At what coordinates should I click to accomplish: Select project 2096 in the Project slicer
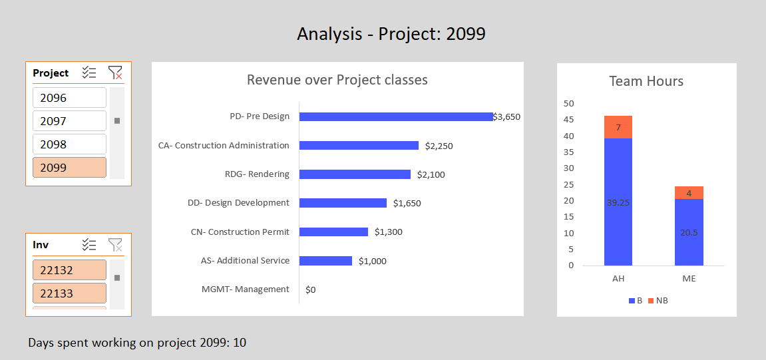point(69,98)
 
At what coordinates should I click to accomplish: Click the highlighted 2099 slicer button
point(69,168)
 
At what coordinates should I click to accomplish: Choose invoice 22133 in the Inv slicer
point(69,293)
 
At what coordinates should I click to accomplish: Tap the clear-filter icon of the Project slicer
point(115,73)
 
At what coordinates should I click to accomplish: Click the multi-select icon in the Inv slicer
point(89,245)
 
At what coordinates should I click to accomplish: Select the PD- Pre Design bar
point(396,116)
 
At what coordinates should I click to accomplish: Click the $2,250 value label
point(439,146)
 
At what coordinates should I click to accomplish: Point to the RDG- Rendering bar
point(355,174)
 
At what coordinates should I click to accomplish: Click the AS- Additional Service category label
point(245,261)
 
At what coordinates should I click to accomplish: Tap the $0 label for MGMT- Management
point(310,290)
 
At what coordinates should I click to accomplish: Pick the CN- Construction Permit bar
point(333,232)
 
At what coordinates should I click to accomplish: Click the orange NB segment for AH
point(618,127)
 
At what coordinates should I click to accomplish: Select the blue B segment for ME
point(689,232)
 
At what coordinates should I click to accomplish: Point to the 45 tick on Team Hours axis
point(568,120)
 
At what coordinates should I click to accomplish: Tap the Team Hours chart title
point(646,81)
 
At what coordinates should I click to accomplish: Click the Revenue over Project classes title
point(337,80)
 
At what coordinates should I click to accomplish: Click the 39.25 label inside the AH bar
point(618,203)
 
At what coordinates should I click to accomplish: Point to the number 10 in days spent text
point(240,343)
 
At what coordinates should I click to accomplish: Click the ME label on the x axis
point(689,279)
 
